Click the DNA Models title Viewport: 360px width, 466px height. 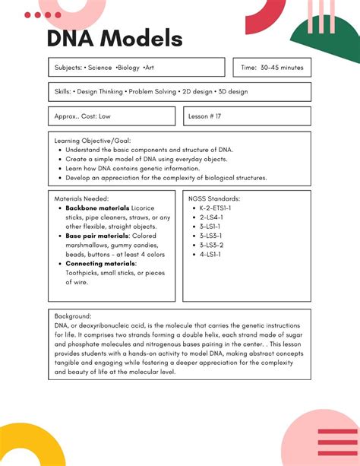(x=115, y=40)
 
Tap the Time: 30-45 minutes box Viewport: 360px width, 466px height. (x=271, y=68)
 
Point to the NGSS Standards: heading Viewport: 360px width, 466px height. (x=215, y=198)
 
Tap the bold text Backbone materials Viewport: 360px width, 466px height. (x=97, y=208)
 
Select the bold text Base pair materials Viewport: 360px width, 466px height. (x=98, y=236)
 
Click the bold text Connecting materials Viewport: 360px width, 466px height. (x=100, y=264)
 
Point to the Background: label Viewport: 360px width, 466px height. (x=73, y=315)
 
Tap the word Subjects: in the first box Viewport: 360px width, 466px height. (x=68, y=68)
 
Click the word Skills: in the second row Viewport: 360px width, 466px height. (x=63, y=92)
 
